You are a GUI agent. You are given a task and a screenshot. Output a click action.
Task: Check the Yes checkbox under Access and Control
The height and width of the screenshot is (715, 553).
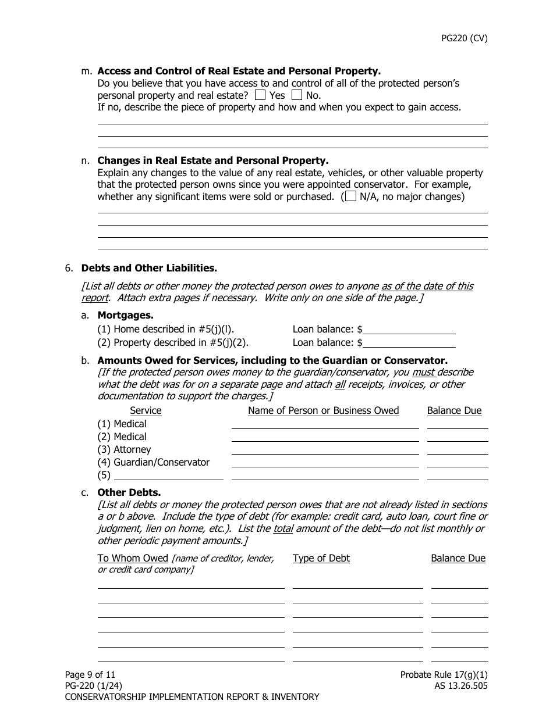(x=260, y=95)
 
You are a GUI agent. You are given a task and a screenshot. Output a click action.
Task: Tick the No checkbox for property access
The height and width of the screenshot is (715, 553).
(x=297, y=95)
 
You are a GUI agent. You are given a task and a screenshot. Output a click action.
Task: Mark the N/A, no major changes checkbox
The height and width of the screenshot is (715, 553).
(x=350, y=196)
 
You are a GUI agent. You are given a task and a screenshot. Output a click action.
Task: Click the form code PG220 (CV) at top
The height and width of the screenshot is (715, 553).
(x=463, y=39)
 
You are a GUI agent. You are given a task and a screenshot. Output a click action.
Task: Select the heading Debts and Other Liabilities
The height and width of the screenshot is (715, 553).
(x=148, y=268)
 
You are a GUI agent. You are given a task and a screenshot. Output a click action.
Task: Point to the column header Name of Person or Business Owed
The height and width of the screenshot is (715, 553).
(x=323, y=411)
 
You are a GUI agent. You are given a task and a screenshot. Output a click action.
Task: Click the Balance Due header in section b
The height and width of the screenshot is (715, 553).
(x=454, y=411)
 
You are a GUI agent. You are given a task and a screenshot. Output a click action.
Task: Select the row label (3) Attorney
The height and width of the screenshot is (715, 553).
(x=124, y=449)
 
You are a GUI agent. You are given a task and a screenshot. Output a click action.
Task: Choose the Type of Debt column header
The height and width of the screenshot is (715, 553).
(x=321, y=558)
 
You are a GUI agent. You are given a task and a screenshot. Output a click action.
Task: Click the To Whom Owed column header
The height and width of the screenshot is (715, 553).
(x=133, y=558)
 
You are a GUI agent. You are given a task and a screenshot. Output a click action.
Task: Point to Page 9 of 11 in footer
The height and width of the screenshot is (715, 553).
(x=90, y=675)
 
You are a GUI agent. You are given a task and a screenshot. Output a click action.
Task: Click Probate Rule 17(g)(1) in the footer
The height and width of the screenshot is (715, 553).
(x=444, y=675)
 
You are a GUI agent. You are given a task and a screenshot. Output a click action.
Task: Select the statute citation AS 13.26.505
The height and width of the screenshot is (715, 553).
(x=457, y=686)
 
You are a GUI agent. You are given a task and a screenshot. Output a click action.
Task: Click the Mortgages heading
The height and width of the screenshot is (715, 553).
(x=125, y=315)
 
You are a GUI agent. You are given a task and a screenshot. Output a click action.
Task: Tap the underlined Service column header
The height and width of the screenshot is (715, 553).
(x=146, y=411)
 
